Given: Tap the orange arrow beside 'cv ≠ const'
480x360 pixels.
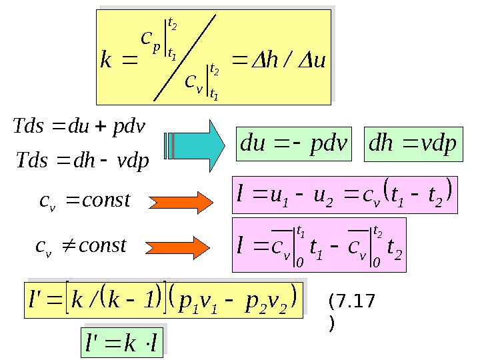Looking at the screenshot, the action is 180,245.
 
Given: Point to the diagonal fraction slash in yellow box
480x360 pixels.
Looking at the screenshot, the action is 185,58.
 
